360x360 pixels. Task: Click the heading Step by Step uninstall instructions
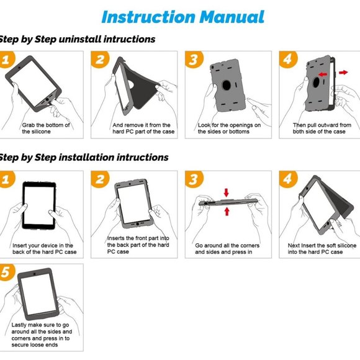pyautogui.click(x=78, y=39)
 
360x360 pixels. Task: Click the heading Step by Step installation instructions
pyautogui.click(x=84, y=157)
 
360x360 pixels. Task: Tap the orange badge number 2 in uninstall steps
pyautogui.click(x=101, y=60)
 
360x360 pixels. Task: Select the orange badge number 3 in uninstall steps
pyautogui.click(x=194, y=60)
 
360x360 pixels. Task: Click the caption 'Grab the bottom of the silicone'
pyautogui.click(x=46, y=128)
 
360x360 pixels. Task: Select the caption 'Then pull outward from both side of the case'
pyautogui.click(x=322, y=128)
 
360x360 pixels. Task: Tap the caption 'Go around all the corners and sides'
pyautogui.click(x=227, y=249)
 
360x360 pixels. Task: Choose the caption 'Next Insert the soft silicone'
pyautogui.click(x=322, y=249)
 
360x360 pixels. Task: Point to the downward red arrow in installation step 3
pyautogui.click(x=227, y=192)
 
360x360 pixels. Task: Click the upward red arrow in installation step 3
pyautogui.click(x=227, y=212)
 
